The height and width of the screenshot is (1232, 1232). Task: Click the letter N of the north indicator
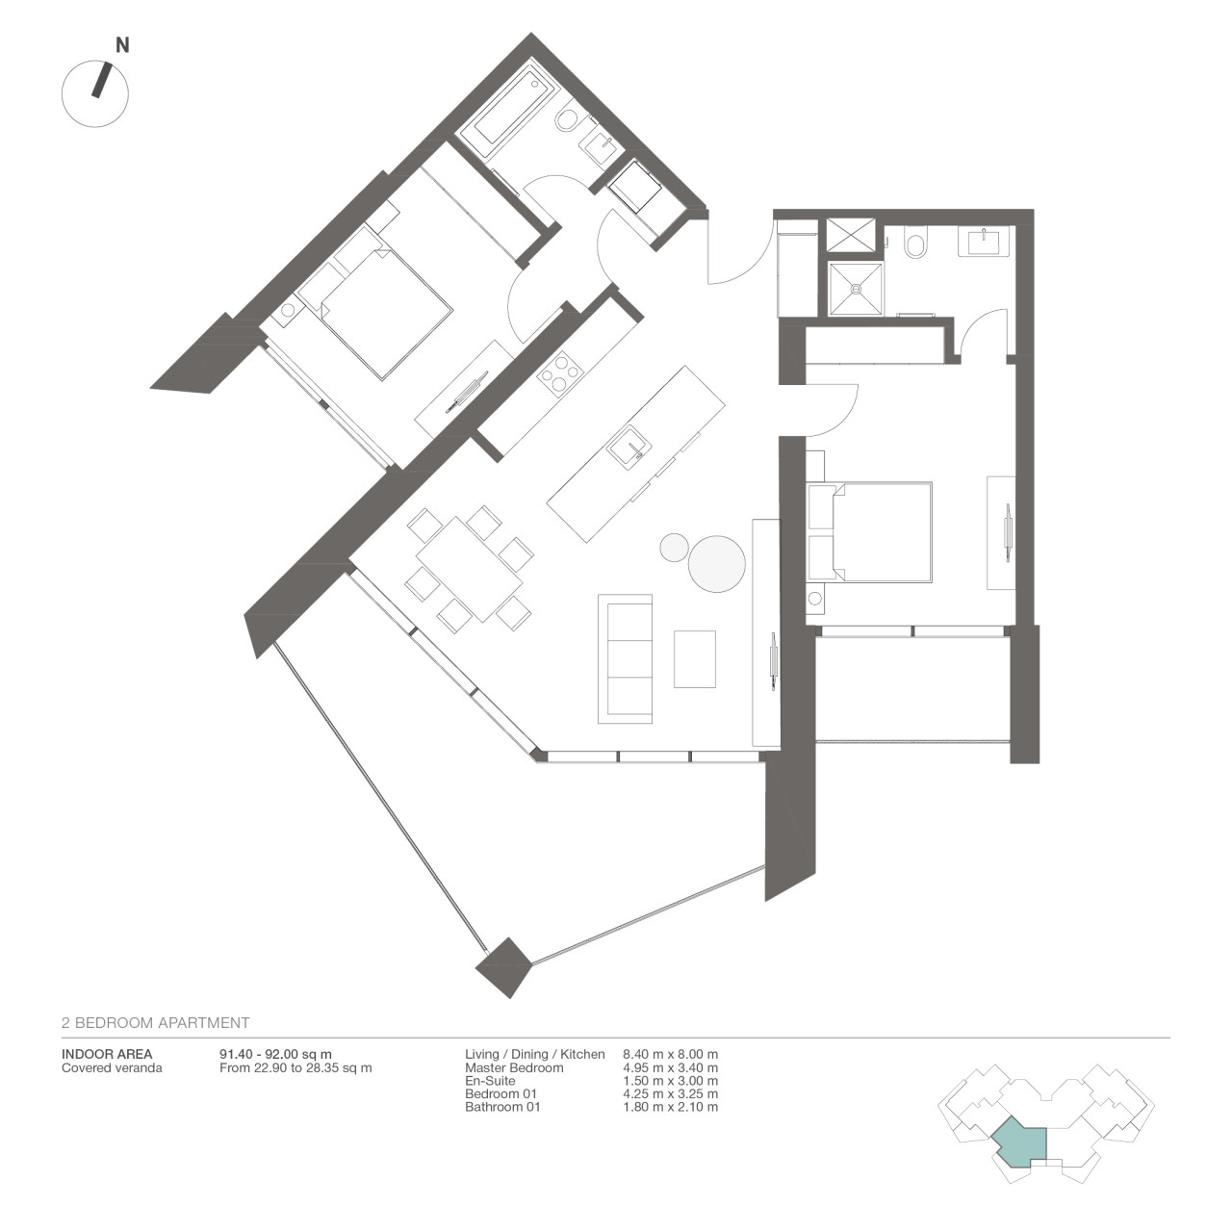coord(122,45)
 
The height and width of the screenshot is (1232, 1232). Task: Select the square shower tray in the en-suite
coord(856,288)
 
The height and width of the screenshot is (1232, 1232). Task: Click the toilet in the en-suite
coord(915,244)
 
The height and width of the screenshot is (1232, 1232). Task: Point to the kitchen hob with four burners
coord(559,373)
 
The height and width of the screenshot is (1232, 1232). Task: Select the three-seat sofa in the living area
coord(625,658)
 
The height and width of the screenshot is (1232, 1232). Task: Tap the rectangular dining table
coord(470,569)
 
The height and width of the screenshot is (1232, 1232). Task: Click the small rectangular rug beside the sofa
coord(694,658)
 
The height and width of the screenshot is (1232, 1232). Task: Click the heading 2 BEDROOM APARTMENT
coord(155,1023)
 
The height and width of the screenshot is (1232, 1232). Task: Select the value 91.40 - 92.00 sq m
coord(275,1055)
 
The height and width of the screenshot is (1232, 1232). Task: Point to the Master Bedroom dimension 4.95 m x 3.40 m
coord(671,1067)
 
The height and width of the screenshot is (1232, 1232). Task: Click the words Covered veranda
coord(112,1067)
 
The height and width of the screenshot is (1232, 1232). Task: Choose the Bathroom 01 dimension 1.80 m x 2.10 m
coord(671,1107)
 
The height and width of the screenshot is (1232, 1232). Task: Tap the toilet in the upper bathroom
coord(568,119)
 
